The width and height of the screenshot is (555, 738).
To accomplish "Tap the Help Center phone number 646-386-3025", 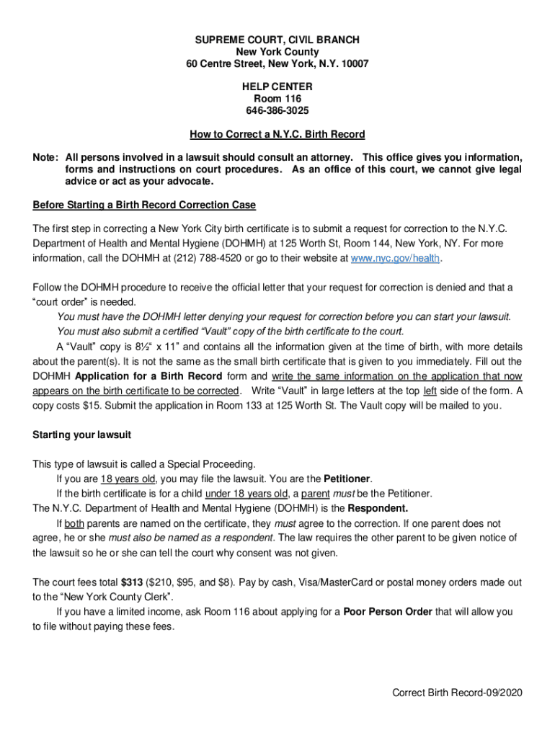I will [x=277, y=111].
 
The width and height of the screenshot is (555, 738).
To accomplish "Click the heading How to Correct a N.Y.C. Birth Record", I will [x=277, y=134].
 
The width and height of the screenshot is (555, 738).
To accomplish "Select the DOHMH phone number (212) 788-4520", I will [x=186, y=257].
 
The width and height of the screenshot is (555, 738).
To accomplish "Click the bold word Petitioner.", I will [x=347, y=479].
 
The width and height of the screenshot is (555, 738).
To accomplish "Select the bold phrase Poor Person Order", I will [x=388, y=612].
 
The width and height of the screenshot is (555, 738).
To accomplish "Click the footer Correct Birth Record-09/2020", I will [x=456, y=693].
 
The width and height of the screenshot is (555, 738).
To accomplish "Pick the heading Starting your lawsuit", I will [x=81, y=435].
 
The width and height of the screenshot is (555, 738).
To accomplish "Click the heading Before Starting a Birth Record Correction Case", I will [x=144, y=205].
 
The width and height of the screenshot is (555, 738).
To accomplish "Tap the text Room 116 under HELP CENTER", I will [x=277, y=99].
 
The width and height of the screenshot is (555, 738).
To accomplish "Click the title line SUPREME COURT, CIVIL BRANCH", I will [x=277, y=40].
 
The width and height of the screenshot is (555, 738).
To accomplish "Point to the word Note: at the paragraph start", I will [x=46, y=157].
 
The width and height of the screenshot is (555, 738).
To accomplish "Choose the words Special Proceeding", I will [x=213, y=463].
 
